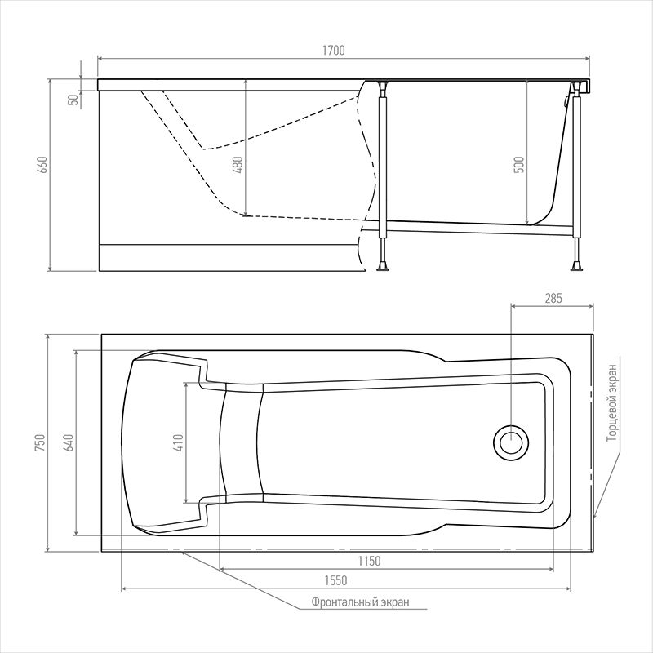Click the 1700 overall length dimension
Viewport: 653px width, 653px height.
[x=334, y=51]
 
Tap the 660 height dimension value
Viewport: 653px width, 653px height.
[x=43, y=165]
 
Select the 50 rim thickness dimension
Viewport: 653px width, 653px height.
[x=73, y=100]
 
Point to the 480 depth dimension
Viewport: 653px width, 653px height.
[x=238, y=165]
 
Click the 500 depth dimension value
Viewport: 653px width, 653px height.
[x=519, y=165]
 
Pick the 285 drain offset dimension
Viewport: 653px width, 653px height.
[x=553, y=298]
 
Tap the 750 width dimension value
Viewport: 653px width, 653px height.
[x=40, y=442]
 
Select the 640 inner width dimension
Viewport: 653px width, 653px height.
[x=69, y=442]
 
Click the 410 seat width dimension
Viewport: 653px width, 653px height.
[x=178, y=442]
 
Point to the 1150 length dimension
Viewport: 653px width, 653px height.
[x=370, y=562]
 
